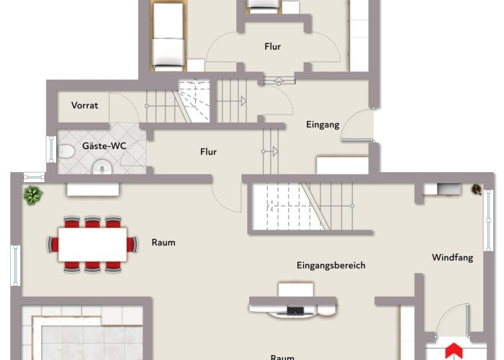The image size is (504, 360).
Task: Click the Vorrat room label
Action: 84,105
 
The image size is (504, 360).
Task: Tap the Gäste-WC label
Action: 104,145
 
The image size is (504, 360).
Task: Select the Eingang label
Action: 322,124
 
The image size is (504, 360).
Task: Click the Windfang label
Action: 452,257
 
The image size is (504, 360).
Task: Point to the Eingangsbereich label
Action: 331,265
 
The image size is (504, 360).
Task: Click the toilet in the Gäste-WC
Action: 67,152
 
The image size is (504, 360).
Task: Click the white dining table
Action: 92,244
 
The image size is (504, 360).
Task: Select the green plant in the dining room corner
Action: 32,194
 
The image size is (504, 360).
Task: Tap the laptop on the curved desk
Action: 295,311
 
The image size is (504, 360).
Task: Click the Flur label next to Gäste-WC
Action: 208,152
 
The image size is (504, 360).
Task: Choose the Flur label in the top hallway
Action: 272,47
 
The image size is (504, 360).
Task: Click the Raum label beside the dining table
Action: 163,242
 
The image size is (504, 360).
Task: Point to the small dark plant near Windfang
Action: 476,189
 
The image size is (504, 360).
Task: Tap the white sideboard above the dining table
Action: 93,189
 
